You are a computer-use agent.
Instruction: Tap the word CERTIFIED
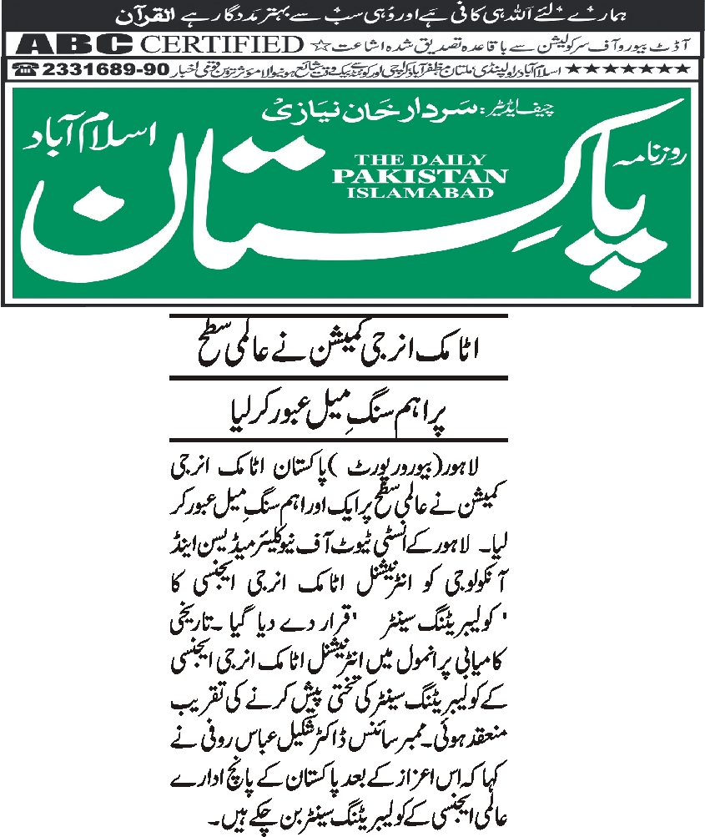coord(218,44)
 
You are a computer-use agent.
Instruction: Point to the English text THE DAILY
coord(420,159)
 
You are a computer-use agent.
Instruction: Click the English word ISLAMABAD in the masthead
coord(420,193)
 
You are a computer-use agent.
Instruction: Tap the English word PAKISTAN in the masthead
coord(420,176)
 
